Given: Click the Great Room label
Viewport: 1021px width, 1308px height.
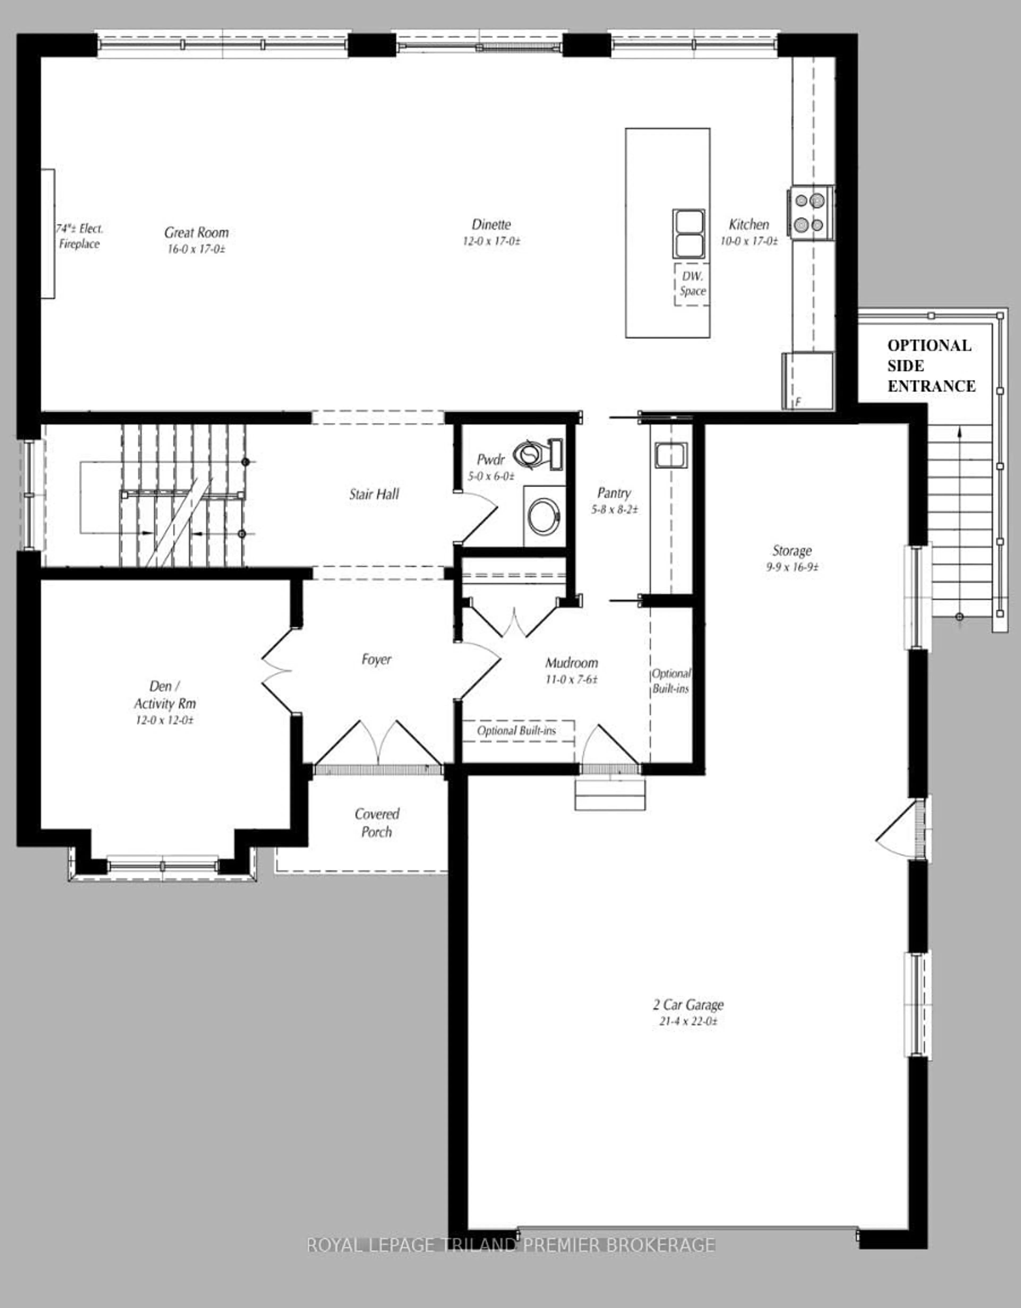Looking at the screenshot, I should point(196,232).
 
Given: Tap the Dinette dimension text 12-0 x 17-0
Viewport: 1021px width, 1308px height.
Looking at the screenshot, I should point(491,241).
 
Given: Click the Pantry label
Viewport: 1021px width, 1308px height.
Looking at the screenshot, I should point(614,493).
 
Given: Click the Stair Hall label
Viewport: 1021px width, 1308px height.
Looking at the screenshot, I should point(374,494).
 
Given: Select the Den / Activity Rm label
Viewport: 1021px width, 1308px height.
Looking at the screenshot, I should point(164,695).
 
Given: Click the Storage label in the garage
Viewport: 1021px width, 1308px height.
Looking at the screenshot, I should point(792,550).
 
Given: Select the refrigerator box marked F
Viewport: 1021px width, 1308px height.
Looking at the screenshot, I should point(808,381).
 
